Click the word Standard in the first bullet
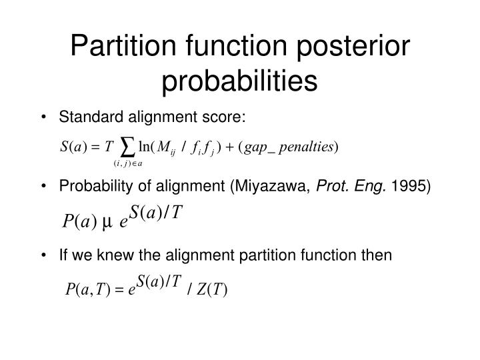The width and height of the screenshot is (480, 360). click(x=102, y=118)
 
